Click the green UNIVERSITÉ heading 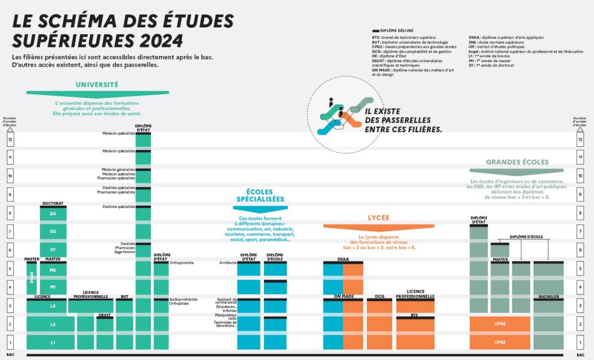97,84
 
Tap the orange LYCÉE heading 378,218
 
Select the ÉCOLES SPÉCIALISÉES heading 260,195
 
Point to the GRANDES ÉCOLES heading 517,162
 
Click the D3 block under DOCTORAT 53,214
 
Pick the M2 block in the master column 53,270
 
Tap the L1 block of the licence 53,343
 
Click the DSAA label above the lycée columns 343,259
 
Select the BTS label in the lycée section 415,315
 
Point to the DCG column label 380,297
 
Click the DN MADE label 343,297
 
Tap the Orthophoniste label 182,263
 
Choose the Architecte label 227,263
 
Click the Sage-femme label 125,252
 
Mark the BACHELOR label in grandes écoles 548,296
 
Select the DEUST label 104,315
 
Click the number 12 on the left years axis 10,139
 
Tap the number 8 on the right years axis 580,213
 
